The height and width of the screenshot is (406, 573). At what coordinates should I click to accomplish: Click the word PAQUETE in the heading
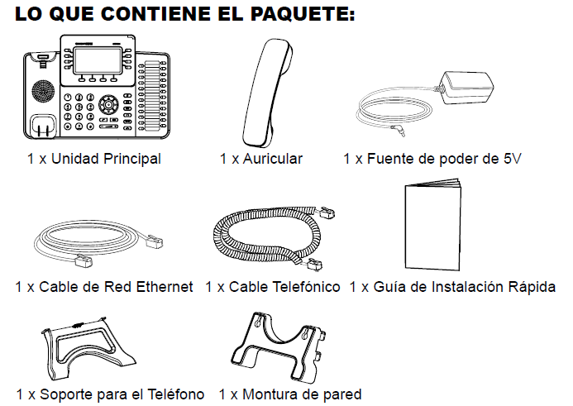(303, 13)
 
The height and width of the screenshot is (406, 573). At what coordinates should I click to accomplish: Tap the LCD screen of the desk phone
(98, 60)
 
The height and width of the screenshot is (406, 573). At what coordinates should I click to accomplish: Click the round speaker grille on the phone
(43, 92)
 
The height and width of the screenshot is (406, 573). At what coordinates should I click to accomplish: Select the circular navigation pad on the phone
(108, 105)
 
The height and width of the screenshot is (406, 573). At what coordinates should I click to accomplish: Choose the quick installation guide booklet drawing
(433, 224)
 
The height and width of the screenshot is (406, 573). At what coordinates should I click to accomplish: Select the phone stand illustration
(88, 347)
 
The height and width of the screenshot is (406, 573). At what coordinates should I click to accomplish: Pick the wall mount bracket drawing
(279, 347)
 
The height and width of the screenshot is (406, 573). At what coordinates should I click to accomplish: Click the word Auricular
(273, 159)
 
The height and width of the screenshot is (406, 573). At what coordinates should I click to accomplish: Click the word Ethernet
(164, 287)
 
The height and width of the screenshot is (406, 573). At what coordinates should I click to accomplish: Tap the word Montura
(268, 394)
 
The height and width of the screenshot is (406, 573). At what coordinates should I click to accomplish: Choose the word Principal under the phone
(132, 159)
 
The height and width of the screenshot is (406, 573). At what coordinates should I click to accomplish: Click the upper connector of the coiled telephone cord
(327, 213)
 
